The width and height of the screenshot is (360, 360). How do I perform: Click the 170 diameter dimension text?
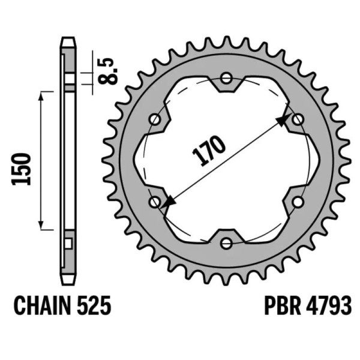[209, 150]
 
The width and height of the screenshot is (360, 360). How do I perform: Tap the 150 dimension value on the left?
[22, 169]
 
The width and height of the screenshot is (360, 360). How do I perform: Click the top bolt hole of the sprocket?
[226, 78]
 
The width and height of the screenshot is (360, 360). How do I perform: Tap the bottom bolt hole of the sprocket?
[226, 243]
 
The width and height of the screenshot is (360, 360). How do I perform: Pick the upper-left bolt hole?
[155, 119]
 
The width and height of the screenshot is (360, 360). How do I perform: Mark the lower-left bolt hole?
[155, 202]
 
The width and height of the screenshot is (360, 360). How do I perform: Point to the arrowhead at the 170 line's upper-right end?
[283, 121]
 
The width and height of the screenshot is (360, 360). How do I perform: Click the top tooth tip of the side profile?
[68, 41]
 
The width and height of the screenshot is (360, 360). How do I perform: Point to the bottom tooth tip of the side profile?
[68, 282]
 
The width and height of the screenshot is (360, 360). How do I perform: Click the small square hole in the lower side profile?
[67, 243]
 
